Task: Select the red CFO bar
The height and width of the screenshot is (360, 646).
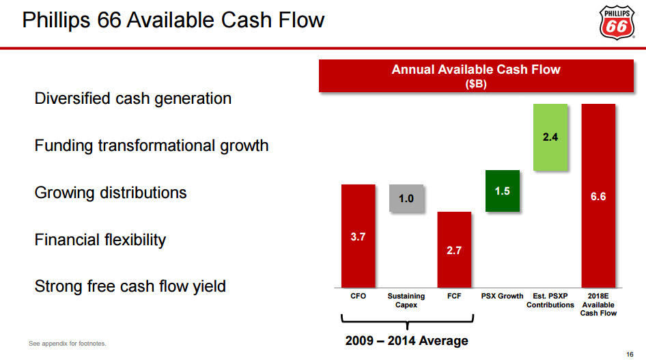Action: pyautogui.click(x=359, y=236)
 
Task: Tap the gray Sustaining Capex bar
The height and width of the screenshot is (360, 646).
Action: pyautogui.click(x=406, y=198)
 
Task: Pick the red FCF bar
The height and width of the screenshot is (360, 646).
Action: pyautogui.click(x=454, y=249)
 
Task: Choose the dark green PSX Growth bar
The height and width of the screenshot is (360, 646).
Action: pyautogui.click(x=502, y=191)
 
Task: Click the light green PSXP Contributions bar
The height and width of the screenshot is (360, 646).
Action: pyautogui.click(x=550, y=137)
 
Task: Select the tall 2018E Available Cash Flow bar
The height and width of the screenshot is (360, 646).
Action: pyautogui.click(x=598, y=195)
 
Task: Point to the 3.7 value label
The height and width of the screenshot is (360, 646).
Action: pyautogui.click(x=359, y=238)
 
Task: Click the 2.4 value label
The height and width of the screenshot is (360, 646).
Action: pyautogui.click(x=550, y=137)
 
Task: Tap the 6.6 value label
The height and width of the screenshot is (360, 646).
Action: pyautogui.click(x=598, y=196)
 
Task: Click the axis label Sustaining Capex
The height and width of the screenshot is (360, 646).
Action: pyautogui.click(x=406, y=301)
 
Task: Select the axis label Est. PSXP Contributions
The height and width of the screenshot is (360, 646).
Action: pyautogui.click(x=550, y=301)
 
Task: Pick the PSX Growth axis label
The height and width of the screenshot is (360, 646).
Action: pyautogui.click(x=502, y=296)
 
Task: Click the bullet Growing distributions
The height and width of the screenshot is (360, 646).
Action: pyautogui.click(x=111, y=193)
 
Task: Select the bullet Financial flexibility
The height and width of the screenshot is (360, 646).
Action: pyautogui.click(x=100, y=240)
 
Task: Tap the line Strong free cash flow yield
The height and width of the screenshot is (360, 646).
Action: pyautogui.click(x=130, y=286)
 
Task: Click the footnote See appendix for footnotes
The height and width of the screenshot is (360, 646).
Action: pyautogui.click(x=68, y=343)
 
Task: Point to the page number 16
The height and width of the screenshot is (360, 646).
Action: pyautogui.click(x=630, y=353)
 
